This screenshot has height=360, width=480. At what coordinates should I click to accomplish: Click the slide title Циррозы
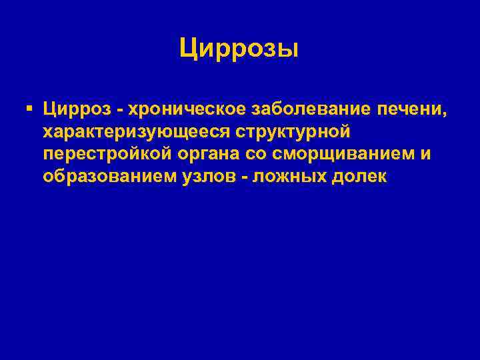(x=239, y=49)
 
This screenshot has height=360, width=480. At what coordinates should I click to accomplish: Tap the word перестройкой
(x=107, y=154)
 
